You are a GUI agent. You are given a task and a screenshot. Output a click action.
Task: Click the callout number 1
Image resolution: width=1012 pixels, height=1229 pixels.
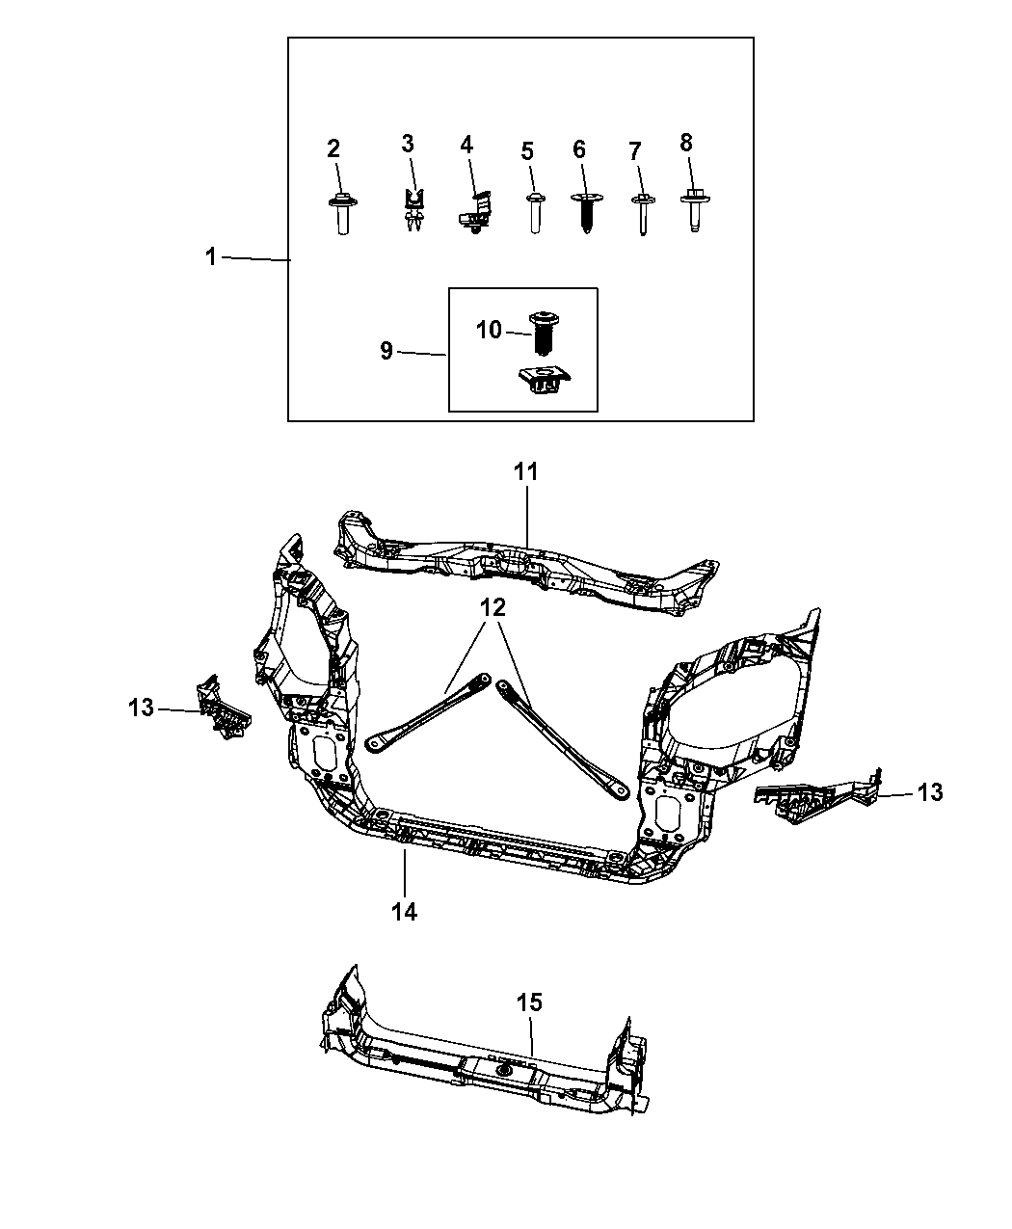click(211, 257)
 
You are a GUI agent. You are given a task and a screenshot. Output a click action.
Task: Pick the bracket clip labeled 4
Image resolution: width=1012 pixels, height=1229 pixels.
click(476, 213)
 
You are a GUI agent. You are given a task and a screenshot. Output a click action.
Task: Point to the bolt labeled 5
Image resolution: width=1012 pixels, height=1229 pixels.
click(535, 212)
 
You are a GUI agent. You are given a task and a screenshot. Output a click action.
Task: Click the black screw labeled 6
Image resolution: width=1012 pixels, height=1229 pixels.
click(586, 212)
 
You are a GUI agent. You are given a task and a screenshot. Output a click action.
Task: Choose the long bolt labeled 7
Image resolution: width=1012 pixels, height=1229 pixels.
click(644, 214)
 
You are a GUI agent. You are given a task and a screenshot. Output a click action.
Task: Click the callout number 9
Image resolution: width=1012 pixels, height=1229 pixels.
click(386, 351)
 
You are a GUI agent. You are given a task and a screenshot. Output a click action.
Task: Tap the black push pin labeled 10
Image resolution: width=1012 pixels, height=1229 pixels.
click(544, 334)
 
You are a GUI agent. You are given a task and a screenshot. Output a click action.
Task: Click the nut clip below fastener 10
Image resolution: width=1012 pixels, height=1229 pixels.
click(545, 380)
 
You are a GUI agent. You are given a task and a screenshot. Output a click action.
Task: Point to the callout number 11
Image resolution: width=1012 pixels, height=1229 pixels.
click(525, 471)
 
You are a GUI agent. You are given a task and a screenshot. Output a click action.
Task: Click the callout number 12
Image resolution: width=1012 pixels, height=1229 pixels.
click(493, 607)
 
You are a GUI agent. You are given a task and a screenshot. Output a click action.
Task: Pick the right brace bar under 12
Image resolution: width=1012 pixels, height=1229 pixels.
click(563, 740)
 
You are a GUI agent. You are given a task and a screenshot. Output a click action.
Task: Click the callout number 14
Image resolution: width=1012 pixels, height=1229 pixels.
click(405, 912)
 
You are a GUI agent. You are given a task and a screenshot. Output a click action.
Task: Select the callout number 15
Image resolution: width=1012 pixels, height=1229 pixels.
click(529, 1002)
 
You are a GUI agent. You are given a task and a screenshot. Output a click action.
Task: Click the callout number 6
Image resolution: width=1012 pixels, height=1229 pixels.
click(579, 149)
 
